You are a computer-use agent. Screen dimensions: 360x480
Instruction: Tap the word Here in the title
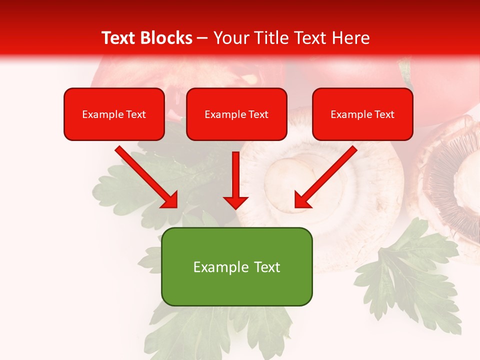click(350, 38)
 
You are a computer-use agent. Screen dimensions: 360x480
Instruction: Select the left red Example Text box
click(114, 114)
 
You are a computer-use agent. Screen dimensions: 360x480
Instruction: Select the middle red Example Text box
click(236, 114)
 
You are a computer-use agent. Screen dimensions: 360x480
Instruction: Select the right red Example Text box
click(362, 114)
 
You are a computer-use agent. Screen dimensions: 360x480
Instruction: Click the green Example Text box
click(236, 267)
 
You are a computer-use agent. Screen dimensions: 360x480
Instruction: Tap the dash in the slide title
click(202, 38)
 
